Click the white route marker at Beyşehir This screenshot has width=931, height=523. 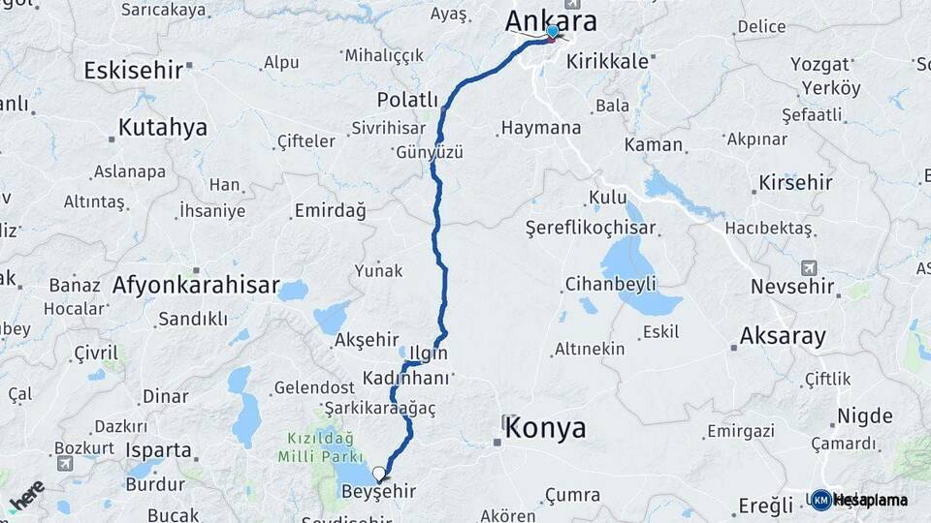point(378,475)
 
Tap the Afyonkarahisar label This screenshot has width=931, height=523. point(196,286)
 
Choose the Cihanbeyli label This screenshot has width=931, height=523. point(611,284)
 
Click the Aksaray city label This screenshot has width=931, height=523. point(783,336)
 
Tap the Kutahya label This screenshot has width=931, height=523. point(163,127)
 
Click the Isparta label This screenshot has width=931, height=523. point(158,450)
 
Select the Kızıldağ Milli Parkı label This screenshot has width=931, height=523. point(317,446)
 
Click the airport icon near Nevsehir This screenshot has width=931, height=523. point(809,267)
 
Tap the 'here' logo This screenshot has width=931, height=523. point(26,494)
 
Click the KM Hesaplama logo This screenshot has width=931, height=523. point(859,500)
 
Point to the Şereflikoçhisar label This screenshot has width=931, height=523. point(591,229)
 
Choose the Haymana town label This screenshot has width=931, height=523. point(541,128)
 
